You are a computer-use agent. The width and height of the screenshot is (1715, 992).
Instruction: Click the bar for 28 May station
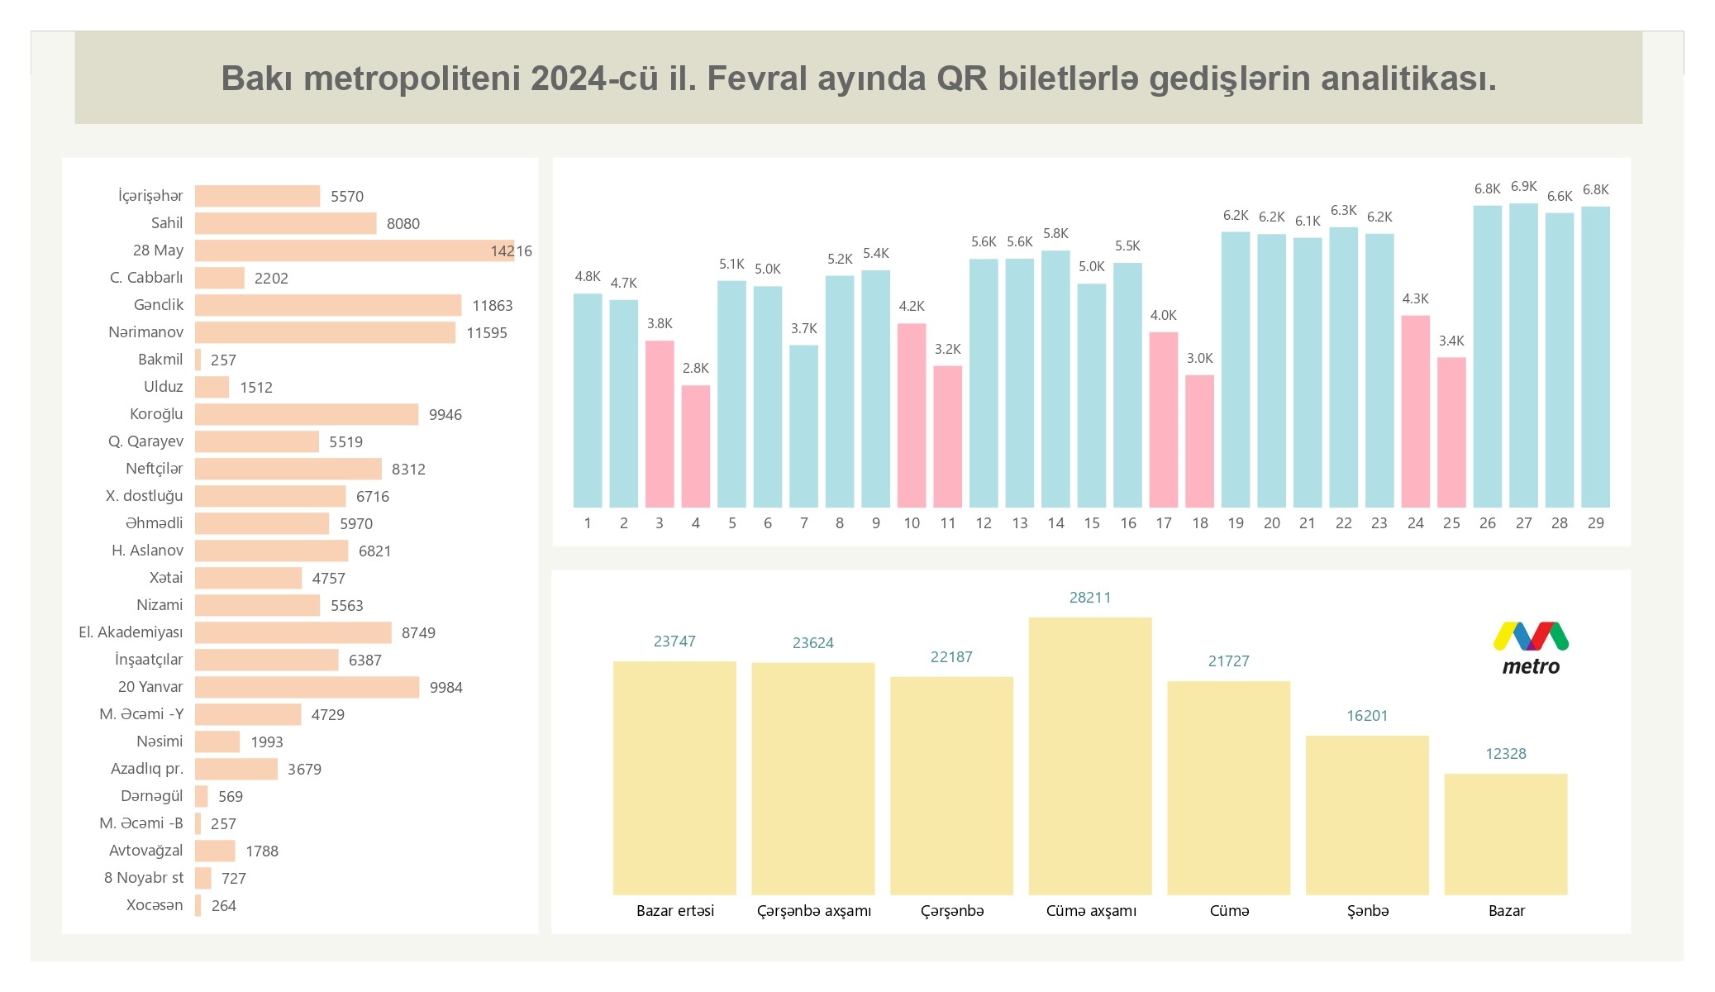point(354,250)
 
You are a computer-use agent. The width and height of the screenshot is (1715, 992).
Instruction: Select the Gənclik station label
point(159,305)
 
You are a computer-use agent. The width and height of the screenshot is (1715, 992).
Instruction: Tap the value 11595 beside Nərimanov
point(487,333)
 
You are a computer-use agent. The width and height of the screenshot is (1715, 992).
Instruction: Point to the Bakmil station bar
point(198,360)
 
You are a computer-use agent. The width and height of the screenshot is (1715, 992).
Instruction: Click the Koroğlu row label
point(156,414)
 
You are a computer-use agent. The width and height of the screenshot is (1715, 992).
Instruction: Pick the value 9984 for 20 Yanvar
point(445,688)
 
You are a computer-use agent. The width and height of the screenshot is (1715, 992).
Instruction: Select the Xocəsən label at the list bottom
point(155,905)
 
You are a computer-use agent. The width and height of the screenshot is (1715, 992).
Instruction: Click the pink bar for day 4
point(695,446)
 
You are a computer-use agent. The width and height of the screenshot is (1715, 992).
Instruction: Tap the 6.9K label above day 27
point(1523,187)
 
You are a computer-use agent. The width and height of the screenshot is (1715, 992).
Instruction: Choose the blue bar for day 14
point(1055,379)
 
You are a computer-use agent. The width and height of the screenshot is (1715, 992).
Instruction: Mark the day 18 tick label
point(1199,523)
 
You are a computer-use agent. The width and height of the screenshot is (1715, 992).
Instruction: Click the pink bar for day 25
point(1451,432)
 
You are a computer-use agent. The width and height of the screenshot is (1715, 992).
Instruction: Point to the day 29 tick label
point(1595,523)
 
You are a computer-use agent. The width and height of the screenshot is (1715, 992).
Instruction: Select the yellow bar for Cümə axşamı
point(1090,756)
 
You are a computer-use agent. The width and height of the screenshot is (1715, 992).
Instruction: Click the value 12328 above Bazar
point(1506,754)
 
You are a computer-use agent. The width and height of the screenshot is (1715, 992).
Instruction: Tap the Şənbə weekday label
point(1368,911)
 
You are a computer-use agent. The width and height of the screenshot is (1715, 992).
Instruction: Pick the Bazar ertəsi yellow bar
point(674,778)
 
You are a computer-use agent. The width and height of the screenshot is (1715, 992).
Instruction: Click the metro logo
point(1531,649)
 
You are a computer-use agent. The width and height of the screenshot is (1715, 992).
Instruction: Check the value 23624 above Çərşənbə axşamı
point(813,643)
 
